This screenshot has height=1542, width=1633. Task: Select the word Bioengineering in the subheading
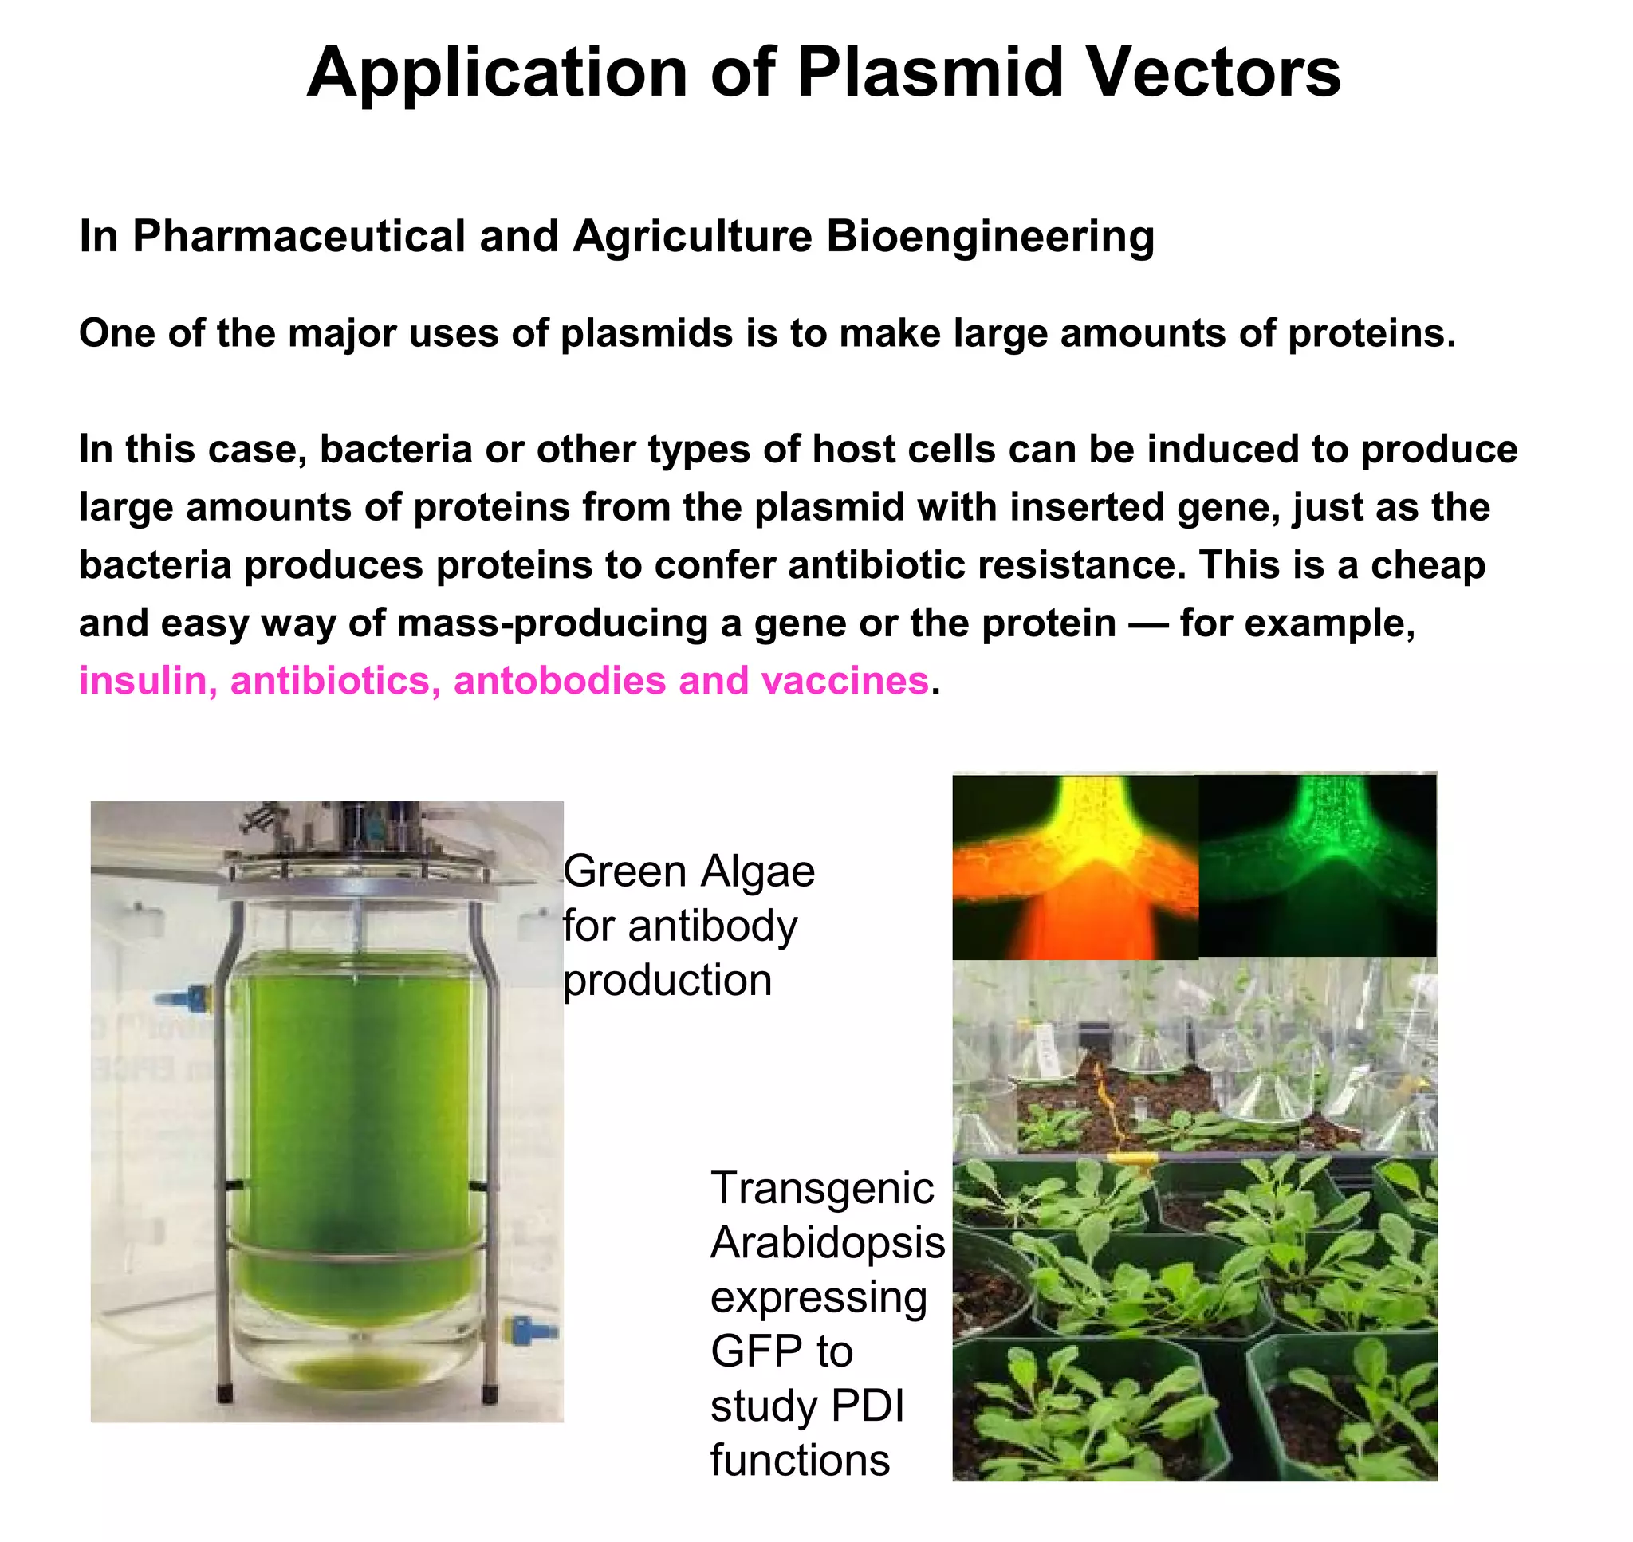(990, 237)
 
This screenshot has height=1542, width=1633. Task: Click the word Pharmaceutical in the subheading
(299, 237)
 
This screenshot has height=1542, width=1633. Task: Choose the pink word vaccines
(844, 681)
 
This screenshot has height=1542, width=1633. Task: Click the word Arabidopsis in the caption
(827, 1242)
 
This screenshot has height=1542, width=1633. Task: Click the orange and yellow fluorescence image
(1074, 867)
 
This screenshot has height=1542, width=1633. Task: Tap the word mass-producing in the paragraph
(553, 623)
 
